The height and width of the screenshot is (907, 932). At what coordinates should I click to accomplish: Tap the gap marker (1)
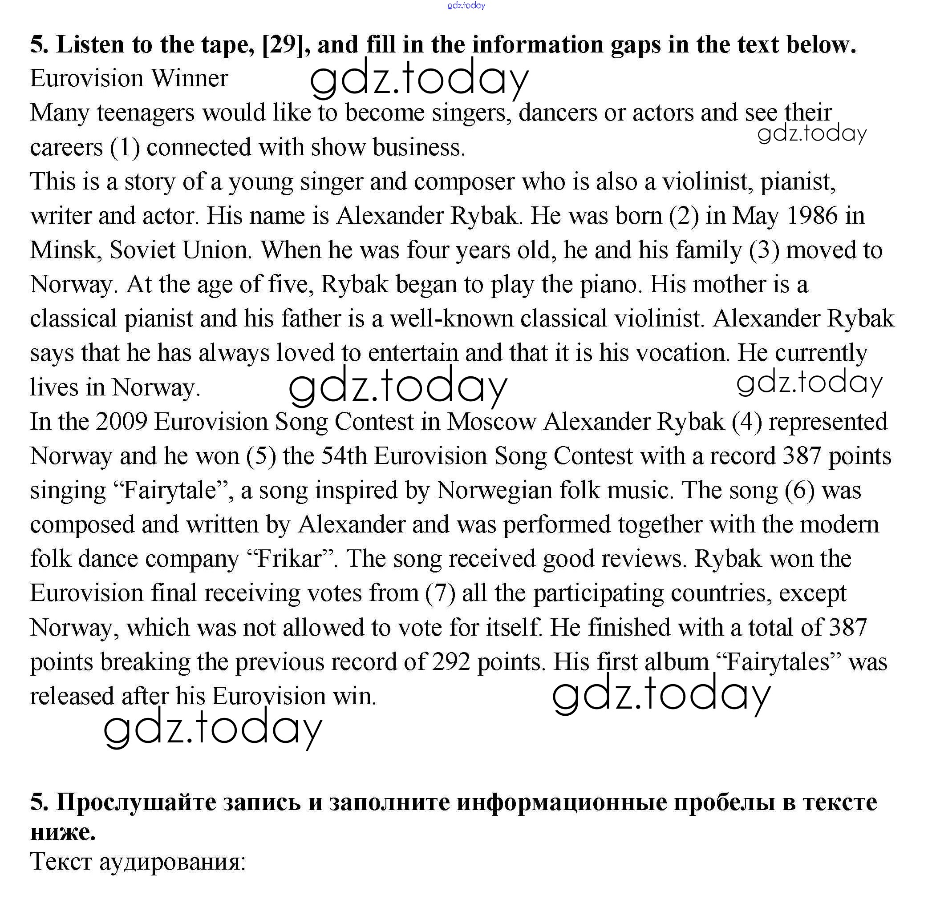pyautogui.click(x=125, y=147)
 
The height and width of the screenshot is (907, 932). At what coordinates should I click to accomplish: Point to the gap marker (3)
pyautogui.click(x=764, y=250)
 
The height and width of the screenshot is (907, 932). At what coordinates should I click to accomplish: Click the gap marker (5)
pyautogui.click(x=261, y=456)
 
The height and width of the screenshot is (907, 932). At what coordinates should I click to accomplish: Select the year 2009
pyautogui.click(x=121, y=422)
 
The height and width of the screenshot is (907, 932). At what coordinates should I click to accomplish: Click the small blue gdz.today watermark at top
pyautogui.click(x=466, y=5)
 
